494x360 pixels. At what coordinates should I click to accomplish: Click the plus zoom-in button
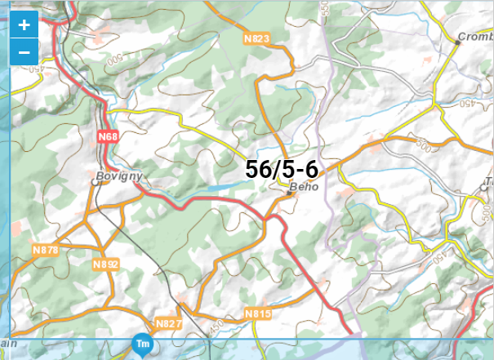(x=24, y=25)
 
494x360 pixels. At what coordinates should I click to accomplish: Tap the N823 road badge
(x=256, y=38)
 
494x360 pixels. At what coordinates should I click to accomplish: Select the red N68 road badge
(x=108, y=136)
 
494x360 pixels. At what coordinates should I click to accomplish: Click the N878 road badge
(x=46, y=250)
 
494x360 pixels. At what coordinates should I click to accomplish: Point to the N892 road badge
(x=105, y=264)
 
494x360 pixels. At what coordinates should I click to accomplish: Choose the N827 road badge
(x=168, y=323)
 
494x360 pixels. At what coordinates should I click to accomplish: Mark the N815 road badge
(x=256, y=313)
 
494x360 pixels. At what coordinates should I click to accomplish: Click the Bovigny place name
(x=119, y=176)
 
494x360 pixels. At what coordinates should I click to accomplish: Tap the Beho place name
(x=303, y=187)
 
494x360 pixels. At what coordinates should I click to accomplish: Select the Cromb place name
(x=475, y=37)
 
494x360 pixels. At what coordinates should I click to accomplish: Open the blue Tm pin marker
(x=142, y=345)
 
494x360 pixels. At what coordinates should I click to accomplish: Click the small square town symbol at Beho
(x=290, y=194)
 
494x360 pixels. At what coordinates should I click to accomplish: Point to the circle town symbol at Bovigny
(x=96, y=184)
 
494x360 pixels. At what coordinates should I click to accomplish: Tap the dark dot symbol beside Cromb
(x=457, y=44)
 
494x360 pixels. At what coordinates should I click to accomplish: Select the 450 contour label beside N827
(x=216, y=327)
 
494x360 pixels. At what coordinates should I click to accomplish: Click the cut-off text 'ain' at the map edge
(x=8, y=343)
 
